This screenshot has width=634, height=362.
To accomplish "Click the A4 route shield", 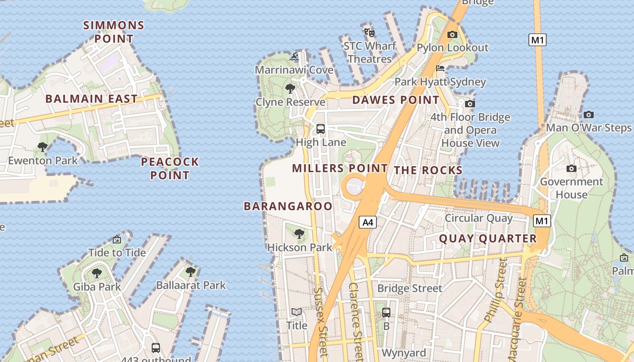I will point(368,222).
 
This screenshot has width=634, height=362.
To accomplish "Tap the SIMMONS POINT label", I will point(114,32).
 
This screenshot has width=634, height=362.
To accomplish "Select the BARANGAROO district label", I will point(288,206).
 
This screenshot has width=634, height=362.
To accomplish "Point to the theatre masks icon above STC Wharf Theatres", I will point(370,32).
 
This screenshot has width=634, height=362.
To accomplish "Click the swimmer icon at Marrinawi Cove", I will point(294,57).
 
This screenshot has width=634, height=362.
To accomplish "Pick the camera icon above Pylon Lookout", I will point(452,34).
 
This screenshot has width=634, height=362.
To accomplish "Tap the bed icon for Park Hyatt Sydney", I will point(440,69).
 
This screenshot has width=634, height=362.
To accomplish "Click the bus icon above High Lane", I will point(321,129).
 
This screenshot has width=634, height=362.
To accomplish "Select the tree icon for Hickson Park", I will point(299,234).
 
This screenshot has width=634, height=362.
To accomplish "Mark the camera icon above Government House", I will point(572,169).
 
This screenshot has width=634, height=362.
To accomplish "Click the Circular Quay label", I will point(479,218).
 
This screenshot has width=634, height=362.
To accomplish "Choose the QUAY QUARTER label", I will point(488,238).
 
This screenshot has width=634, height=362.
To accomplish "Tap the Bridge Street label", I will point(409,288).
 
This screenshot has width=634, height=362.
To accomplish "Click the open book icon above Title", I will point(297,312).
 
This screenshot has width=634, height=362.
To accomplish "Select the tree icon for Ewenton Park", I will point(43,147).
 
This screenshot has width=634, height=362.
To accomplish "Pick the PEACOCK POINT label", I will point(170,168).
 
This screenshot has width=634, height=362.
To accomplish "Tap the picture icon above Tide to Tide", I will point(117,239).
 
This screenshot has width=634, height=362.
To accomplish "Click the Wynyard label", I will point(404,352).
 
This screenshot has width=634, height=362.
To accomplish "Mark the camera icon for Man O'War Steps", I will point(588,114).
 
